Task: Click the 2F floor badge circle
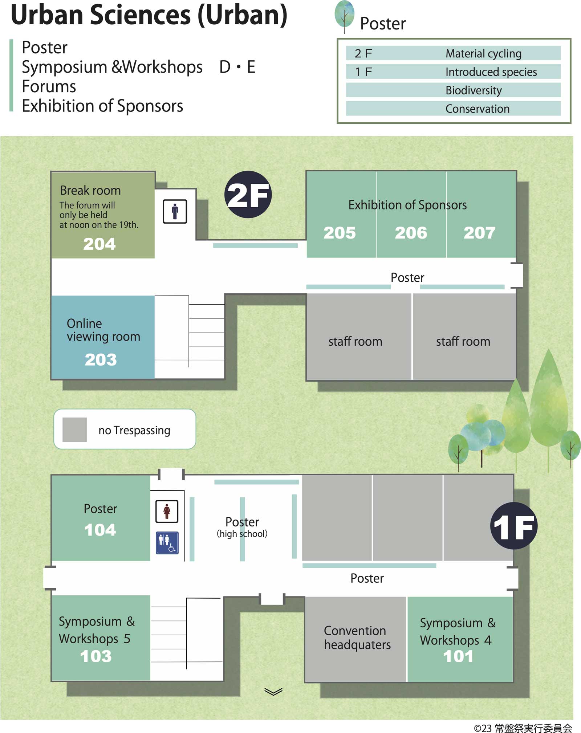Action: [x=248, y=195]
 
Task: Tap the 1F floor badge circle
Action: [x=513, y=526]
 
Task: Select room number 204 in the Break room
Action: [x=99, y=244]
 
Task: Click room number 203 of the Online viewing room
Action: [x=101, y=360]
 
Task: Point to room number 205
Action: [x=340, y=233]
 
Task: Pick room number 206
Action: [x=411, y=233]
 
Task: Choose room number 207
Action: [x=479, y=233]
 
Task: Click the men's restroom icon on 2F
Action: [x=175, y=211]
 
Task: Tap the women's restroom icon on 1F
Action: [x=167, y=511]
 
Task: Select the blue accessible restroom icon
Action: [x=167, y=543]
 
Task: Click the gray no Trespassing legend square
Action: [x=75, y=430]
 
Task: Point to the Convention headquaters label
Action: [x=357, y=638]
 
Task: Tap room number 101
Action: [x=458, y=656]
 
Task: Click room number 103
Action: [x=96, y=656]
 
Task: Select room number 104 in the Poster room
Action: [x=100, y=530]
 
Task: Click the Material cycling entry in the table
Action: [x=483, y=54]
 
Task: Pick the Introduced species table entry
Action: [x=491, y=72]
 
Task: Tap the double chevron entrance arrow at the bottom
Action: [x=273, y=692]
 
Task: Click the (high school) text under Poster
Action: [x=242, y=534]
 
